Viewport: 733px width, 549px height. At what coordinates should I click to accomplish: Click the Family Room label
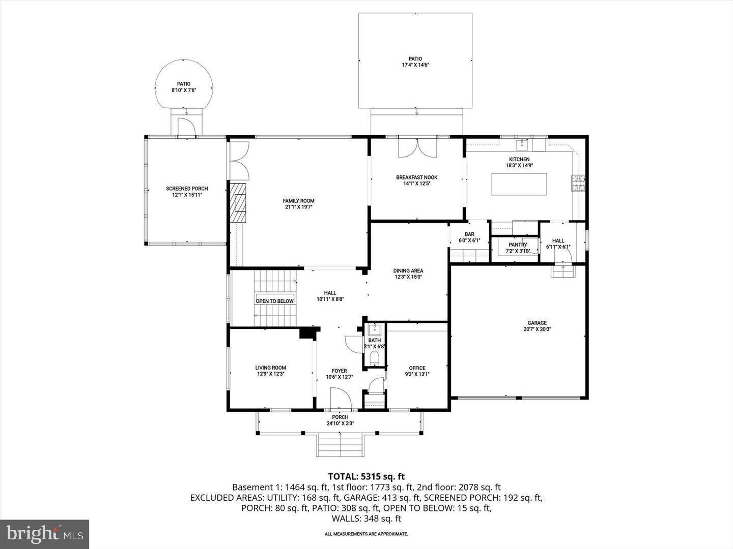(299, 201)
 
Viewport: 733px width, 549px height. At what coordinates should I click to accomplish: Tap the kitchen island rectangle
(519, 184)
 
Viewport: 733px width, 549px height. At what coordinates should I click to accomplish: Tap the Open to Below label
(274, 301)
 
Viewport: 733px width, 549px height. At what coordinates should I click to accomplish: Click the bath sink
(375, 328)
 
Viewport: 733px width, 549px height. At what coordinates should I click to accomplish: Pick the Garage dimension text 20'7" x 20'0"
(537, 329)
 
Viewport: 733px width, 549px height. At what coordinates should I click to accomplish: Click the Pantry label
(518, 245)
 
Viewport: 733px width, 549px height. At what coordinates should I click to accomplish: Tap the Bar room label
(469, 234)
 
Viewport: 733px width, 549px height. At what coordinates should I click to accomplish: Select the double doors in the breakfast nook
(417, 148)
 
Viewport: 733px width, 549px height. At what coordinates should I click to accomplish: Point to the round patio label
(184, 84)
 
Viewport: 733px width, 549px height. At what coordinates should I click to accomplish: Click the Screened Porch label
(187, 189)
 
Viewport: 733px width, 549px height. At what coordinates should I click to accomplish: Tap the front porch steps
(341, 445)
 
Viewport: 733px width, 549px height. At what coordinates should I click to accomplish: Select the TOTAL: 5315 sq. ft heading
(366, 476)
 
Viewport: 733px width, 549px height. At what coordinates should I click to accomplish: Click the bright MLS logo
(45, 534)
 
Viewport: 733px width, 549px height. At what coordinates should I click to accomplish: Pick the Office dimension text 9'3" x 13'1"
(417, 375)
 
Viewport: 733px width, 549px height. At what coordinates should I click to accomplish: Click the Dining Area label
(408, 271)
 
